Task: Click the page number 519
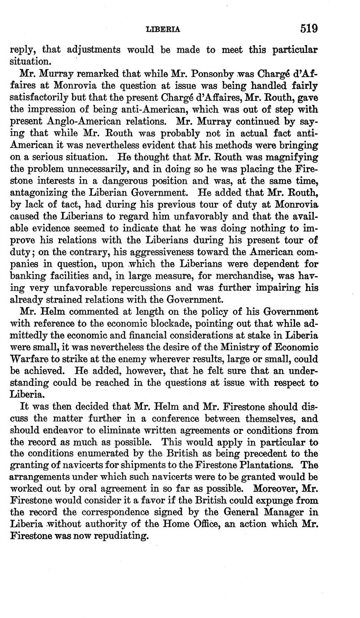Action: (x=309, y=29)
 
